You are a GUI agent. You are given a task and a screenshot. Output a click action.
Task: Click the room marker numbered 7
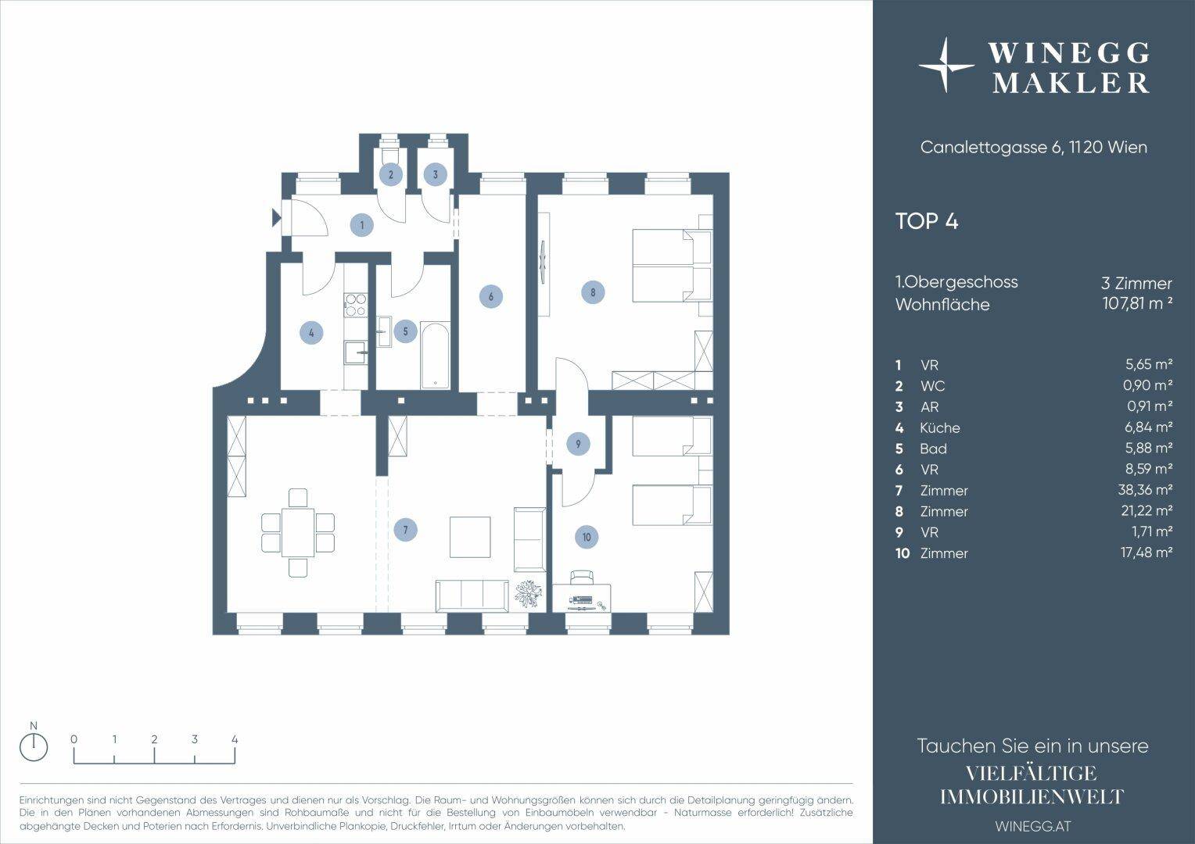pos(405,529)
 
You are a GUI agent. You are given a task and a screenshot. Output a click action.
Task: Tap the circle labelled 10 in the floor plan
pos(587,537)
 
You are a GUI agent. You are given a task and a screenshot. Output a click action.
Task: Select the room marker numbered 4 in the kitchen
pos(311,334)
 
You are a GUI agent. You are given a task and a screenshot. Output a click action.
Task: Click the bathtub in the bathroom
pos(436,355)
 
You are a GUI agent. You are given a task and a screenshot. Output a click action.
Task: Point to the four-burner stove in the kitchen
pos(356,306)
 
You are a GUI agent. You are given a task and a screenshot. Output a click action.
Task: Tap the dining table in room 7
pos(298,533)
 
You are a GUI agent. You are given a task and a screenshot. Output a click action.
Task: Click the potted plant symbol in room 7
pos(528,594)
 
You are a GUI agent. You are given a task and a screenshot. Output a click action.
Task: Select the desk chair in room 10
pos(581,578)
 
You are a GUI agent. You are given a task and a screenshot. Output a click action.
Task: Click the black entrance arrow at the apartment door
pos(277,217)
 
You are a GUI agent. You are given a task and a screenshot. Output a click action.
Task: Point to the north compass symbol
pos(34,747)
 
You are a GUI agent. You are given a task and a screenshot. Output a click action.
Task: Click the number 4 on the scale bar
pos(235,739)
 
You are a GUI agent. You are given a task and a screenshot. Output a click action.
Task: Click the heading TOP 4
pos(927,221)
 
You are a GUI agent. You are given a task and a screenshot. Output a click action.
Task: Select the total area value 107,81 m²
pos(1137,303)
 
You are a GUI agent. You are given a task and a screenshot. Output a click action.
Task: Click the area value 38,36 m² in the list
pos(1147,490)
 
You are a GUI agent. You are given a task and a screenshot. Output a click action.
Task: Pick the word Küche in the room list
pos(939,427)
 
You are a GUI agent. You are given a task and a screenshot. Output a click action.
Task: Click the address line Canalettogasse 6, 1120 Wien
pos(1033,147)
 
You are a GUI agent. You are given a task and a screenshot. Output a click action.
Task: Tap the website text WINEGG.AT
pos(1033,826)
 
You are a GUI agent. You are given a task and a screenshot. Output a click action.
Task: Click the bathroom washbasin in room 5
pos(383,331)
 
